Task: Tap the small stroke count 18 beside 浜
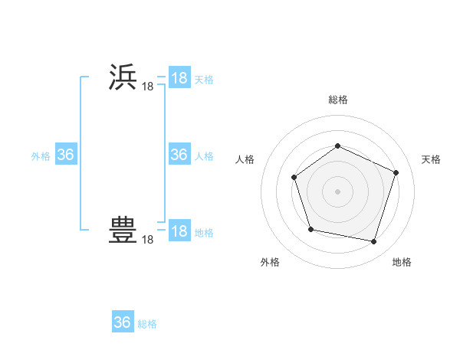[147, 87]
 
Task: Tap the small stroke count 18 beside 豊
[147, 241]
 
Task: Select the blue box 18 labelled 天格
[179, 78]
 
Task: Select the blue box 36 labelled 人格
[179, 155]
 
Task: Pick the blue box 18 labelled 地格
[179, 231]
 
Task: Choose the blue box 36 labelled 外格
[66, 155]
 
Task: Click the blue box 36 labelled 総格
[123, 322]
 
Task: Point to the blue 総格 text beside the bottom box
[147, 324]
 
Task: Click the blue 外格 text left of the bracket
[41, 156]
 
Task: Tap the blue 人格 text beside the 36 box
[204, 156]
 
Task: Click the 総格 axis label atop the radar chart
[338, 100]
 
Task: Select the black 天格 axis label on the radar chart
[431, 159]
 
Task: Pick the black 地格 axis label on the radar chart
[402, 262]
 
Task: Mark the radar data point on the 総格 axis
[337, 146]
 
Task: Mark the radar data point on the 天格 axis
[396, 172]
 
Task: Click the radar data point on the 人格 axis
[295, 178]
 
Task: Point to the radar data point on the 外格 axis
[310, 229]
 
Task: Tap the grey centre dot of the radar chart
[337, 191]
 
